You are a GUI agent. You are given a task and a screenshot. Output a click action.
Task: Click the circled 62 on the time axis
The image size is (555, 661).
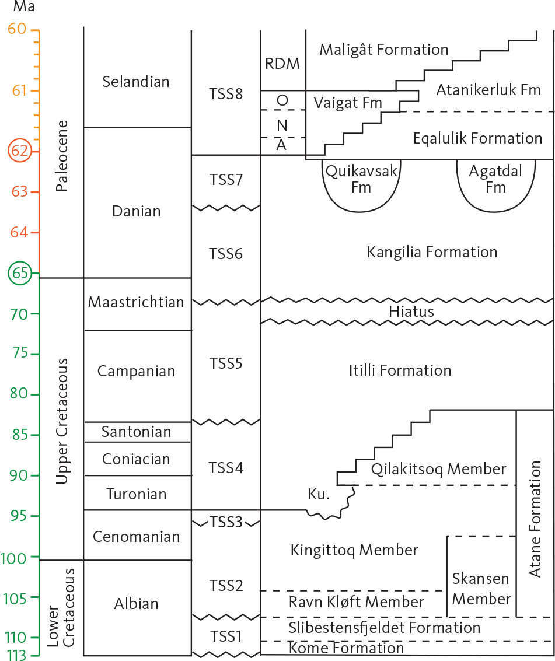[19, 151]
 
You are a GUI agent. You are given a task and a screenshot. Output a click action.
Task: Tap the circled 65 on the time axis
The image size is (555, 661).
[19, 273]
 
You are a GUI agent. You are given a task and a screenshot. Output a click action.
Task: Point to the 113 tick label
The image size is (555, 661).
[18, 655]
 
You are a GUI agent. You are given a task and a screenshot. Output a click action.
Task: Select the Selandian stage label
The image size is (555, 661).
[136, 82]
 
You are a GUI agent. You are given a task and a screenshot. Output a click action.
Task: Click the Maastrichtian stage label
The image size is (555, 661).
[136, 302]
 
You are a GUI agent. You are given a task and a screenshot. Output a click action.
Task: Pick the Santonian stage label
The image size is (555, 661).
[136, 432]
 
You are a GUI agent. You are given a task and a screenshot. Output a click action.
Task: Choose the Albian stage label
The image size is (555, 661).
[136, 604]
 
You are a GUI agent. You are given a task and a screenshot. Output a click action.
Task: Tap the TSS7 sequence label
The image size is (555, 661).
[226, 180]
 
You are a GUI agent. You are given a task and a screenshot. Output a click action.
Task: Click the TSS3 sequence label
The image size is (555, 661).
[226, 523]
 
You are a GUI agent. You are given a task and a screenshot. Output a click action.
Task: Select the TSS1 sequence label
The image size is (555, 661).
[226, 636]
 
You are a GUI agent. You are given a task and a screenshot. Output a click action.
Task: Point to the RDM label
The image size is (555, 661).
[282, 64]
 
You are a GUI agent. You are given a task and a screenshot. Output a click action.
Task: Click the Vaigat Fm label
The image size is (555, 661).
[347, 103]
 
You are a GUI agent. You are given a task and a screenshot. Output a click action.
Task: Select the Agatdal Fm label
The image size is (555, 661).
[495, 180]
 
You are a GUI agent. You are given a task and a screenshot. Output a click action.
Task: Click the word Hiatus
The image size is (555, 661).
[411, 312]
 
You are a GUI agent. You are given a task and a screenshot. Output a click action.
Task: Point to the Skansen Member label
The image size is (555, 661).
[481, 589]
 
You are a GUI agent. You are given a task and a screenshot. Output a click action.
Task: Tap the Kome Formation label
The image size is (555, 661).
[346, 648]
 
